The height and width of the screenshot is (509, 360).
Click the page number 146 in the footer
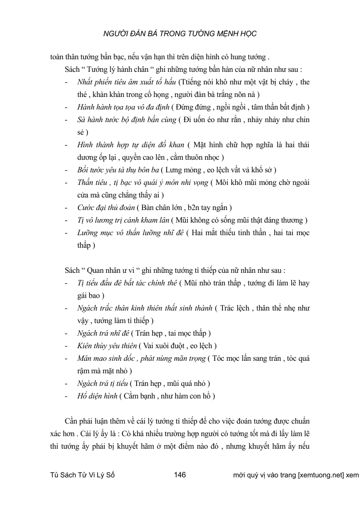pos(180,475)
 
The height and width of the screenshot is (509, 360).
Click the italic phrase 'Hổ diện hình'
pos(97,396)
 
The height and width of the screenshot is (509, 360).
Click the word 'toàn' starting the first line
pos(59,56)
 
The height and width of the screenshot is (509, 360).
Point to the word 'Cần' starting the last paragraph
pos(74,421)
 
